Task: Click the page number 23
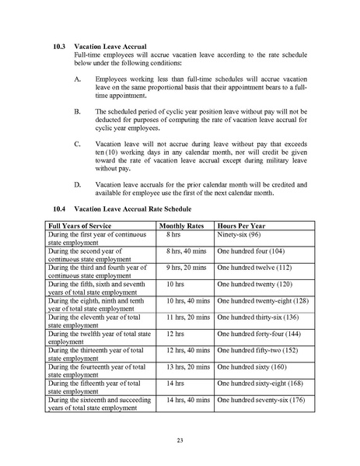(x=180, y=440)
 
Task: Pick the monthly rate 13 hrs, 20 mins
(x=188, y=366)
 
